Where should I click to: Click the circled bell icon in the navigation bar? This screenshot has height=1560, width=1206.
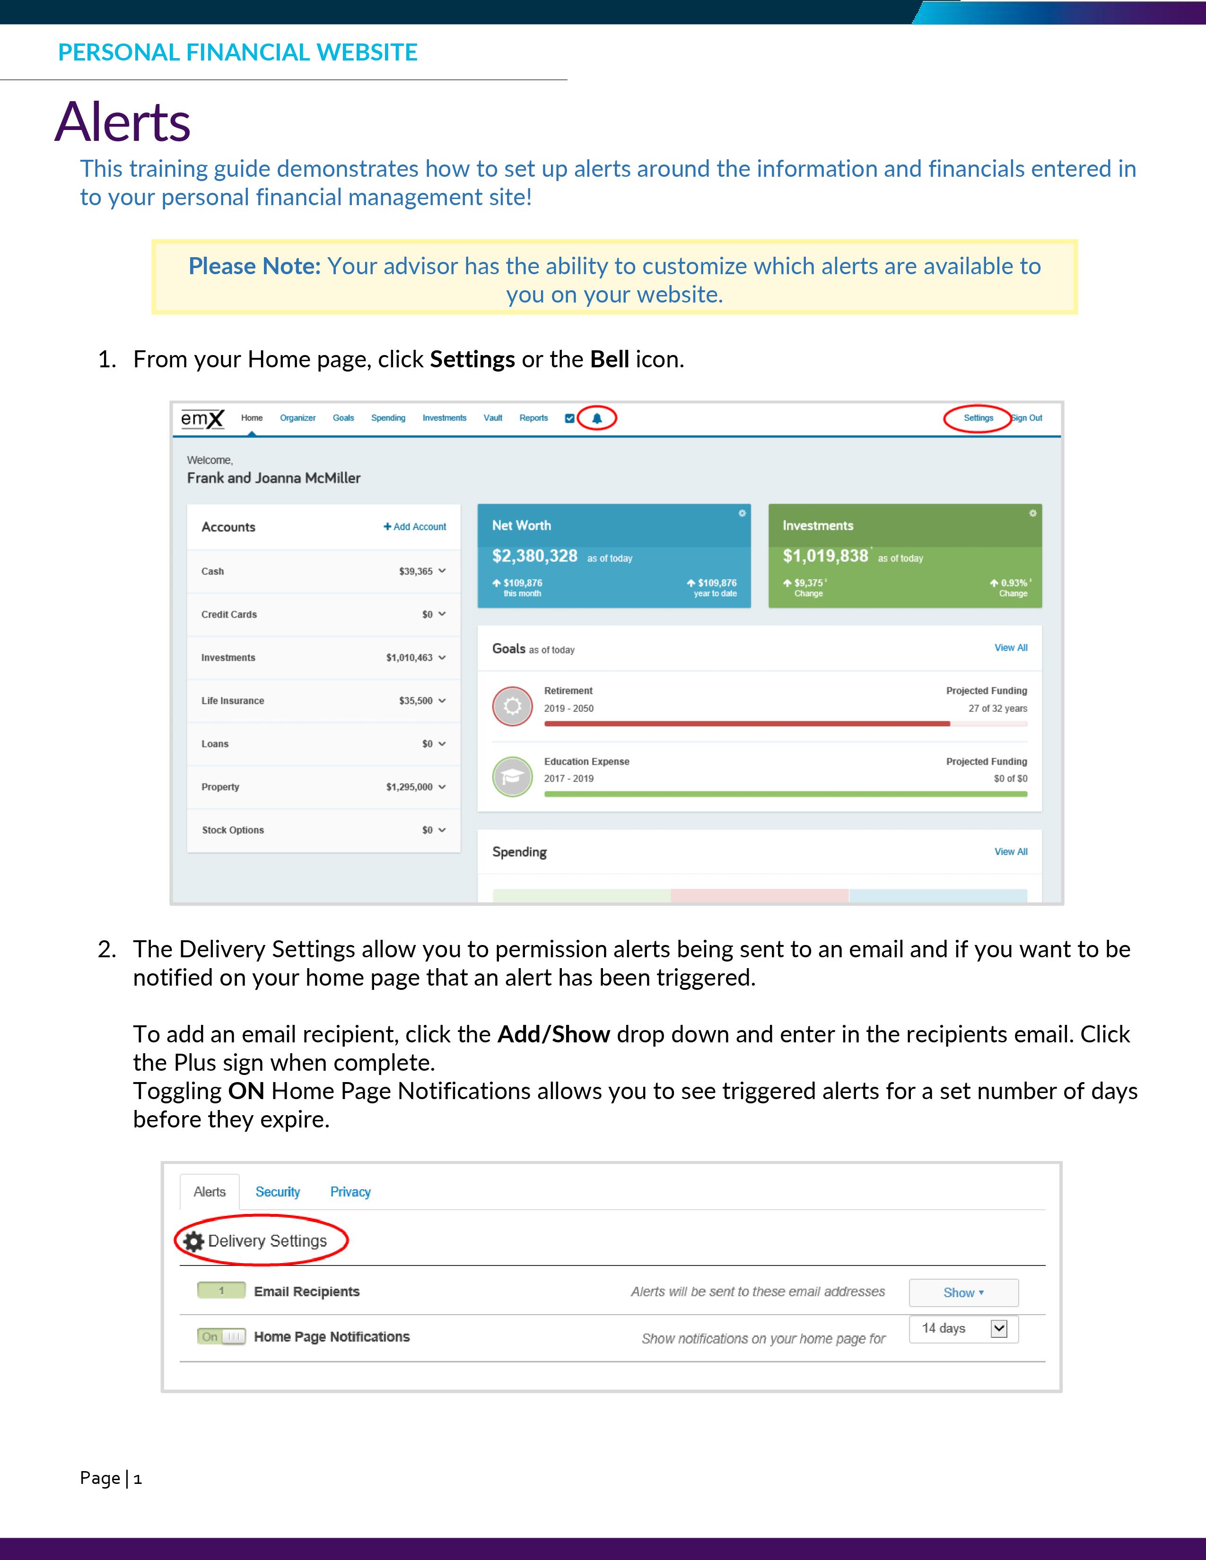pyautogui.click(x=596, y=418)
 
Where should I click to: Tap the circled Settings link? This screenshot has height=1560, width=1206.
pyautogui.click(x=978, y=418)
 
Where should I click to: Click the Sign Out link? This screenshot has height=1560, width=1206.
pyautogui.click(x=1027, y=418)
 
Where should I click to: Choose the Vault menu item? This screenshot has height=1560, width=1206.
pyautogui.click(x=493, y=418)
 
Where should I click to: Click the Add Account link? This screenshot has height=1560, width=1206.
pyautogui.click(x=415, y=527)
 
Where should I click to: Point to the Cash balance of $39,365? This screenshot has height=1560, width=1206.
pyautogui.click(x=416, y=572)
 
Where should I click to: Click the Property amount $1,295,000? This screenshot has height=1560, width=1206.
pyautogui.click(x=410, y=787)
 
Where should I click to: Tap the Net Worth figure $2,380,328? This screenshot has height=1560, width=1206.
pyautogui.click(x=534, y=556)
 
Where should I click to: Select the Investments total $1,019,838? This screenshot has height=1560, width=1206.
pyautogui.click(x=825, y=556)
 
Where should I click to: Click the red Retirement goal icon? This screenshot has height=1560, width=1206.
pyautogui.click(x=512, y=706)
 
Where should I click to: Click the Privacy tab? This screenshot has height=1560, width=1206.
pyautogui.click(x=350, y=1192)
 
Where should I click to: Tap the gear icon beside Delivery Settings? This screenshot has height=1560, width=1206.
pyautogui.click(x=193, y=1241)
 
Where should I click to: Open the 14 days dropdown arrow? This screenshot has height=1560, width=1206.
pyautogui.click(x=999, y=1328)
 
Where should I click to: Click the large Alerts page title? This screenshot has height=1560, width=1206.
pyautogui.click(x=123, y=121)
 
